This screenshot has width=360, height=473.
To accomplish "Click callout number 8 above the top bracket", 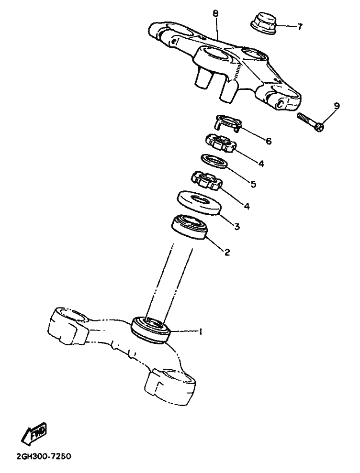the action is click(215, 13).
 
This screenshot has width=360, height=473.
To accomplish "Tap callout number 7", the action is click(299, 27).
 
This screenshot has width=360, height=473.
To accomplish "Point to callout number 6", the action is click(269, 141).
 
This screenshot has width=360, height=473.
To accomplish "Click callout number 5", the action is click(253, 184).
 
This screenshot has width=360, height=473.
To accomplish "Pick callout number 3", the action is click(237, 226).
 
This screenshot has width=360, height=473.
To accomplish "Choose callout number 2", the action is click(227, 252).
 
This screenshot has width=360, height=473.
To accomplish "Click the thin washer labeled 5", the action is click(214, 161).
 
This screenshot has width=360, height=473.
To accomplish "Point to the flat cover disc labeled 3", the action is click(199, 203).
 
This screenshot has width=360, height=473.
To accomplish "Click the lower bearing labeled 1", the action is click(151, 330).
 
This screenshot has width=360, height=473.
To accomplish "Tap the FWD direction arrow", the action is click(35, 432).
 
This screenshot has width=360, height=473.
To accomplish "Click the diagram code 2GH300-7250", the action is click(42, 456).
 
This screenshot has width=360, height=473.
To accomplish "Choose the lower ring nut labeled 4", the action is click(207, 181).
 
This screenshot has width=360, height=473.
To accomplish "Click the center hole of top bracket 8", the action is click(213, 55).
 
